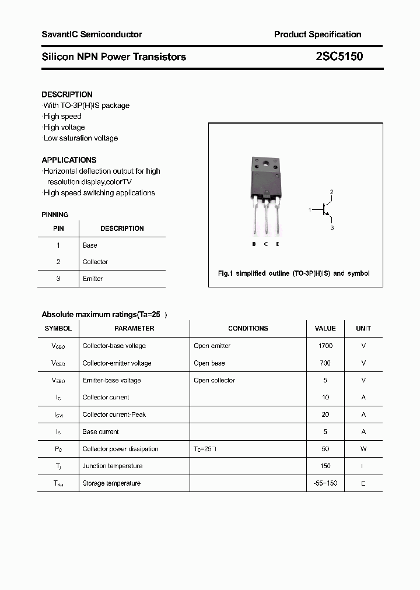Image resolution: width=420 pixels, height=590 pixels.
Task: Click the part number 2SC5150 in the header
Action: tap(339, 57)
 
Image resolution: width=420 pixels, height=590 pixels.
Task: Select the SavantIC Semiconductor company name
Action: tap(92, 34)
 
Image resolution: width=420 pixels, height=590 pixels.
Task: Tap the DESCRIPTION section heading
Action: tap(67, 94)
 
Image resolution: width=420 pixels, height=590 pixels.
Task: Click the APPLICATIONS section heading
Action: tap(69, 160)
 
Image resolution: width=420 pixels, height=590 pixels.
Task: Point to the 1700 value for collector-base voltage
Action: tap(325, 346)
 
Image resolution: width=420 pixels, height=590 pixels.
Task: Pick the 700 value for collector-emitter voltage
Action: tap(325, 363)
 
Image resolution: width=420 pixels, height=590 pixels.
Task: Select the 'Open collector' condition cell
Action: tap(214, 380)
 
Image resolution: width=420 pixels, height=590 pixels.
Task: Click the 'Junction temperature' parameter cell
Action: tap(112, 466)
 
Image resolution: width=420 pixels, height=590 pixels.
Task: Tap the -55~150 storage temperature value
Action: tap(325, 483)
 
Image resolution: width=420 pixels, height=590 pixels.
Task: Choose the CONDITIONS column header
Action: tap(248, 328)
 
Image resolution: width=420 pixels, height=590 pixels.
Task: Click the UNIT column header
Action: tap(363, 328)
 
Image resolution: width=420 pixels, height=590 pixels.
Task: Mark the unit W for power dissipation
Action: tap(363, 449)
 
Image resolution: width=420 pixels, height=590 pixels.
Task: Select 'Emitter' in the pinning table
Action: tap(93, 279)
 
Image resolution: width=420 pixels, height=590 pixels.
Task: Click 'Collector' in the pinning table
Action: tap(95, 262)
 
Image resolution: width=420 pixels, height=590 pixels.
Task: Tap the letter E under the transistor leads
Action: tap(278, 244)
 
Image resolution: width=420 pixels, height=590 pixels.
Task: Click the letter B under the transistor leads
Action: tap(254, 244)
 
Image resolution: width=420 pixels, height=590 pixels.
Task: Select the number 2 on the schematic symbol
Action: tap(331, 192)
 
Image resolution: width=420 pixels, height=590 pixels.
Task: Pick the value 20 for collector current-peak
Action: tap(325, 415)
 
